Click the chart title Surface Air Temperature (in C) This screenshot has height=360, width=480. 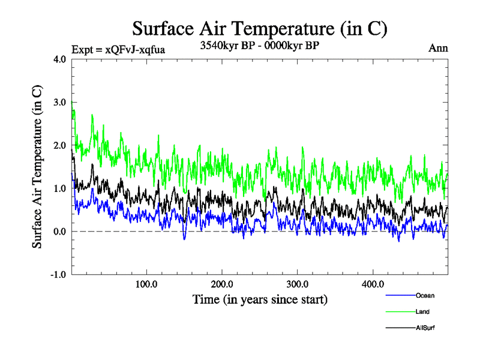point(260,28)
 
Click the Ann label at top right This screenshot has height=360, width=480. point(438,49)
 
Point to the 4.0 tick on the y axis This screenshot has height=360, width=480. point(59,59)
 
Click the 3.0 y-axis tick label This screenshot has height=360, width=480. point(59,103)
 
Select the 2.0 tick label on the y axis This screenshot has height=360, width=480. point(59,146)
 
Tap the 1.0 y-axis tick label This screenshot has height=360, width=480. point(59,188)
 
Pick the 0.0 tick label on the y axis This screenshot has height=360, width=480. point(59,232)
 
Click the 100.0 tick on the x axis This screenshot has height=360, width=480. point(147,284)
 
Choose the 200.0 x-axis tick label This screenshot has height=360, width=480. point(223,284)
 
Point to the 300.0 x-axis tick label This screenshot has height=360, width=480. point(298,284)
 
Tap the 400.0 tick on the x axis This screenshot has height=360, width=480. point(373,284)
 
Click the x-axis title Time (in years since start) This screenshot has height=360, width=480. point(260,299)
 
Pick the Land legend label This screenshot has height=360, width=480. point(422,311)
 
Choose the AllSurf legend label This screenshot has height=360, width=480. point(425,328)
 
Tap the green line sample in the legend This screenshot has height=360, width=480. point(399,311)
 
